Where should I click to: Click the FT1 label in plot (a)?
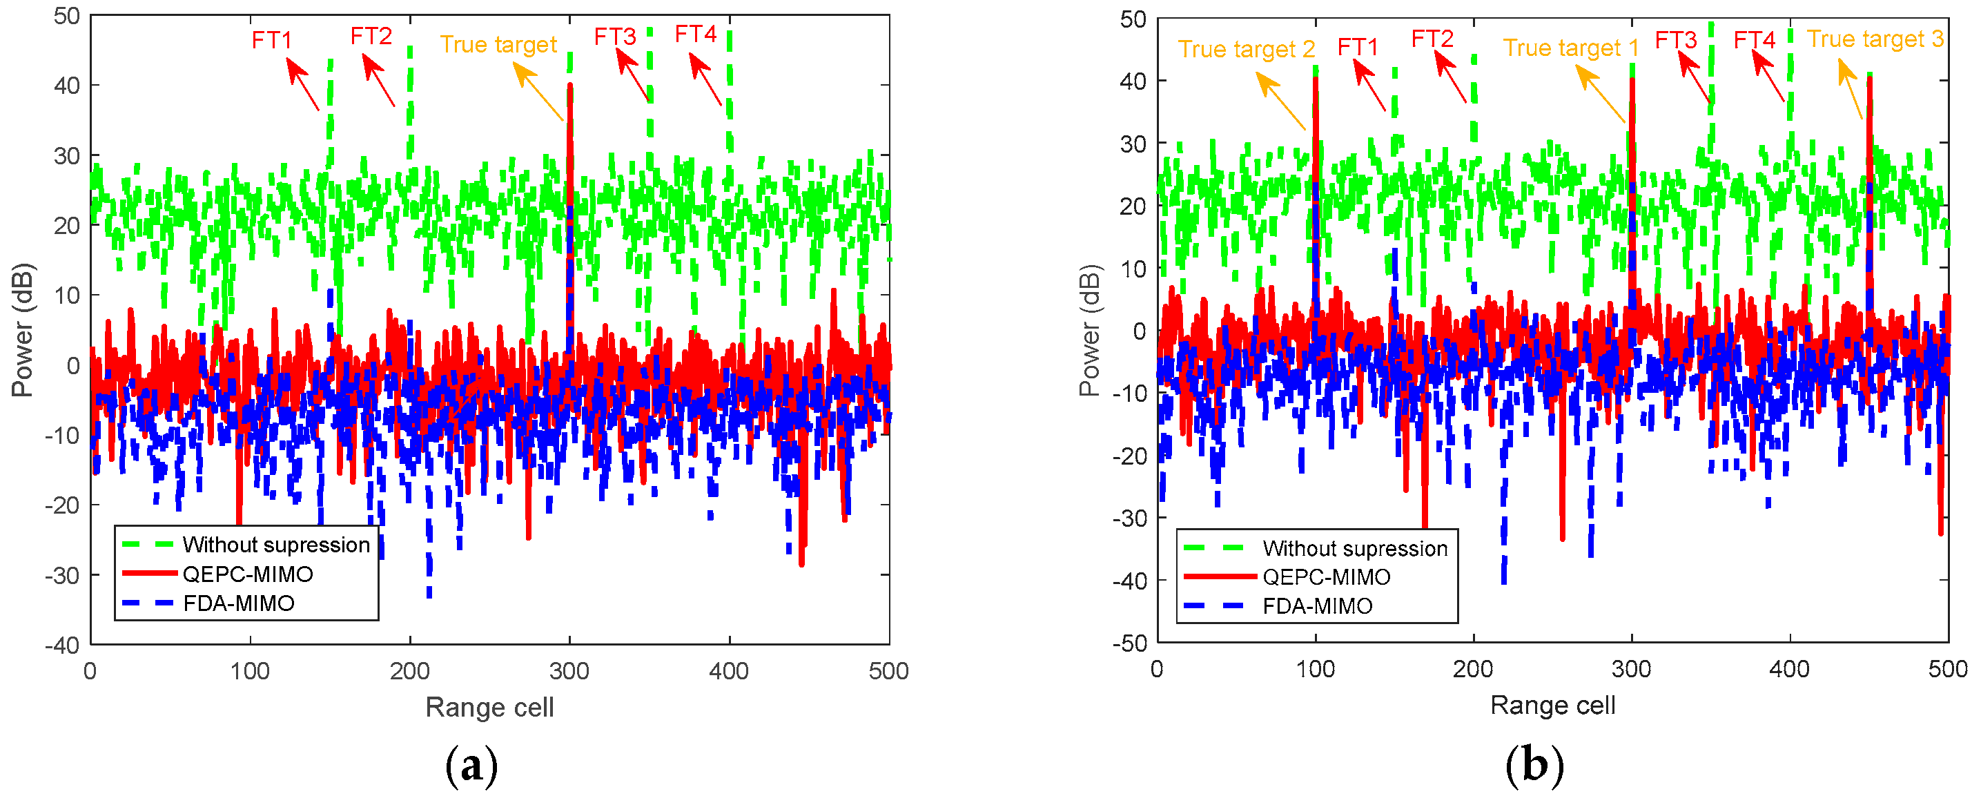click(x=272, y=40)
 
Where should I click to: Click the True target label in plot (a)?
click(x=498, y=44)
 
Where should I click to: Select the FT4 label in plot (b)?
click(x=1753, y=39)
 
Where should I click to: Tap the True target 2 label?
click(x=1245, y=49)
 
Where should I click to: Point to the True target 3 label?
click(x=1875, y=39)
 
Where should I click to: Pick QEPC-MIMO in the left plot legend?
click(x=247, y=574)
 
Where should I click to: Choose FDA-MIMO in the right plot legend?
click(x=1317, y=606)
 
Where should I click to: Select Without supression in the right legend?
click(x=1354, y=548)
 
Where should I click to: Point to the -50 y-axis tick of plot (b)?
click(x=1130, y=643)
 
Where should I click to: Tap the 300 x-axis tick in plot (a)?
click(x=569, y=671)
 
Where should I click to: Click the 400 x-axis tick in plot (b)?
click(x=1789, y=670)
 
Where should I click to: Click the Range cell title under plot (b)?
click(x=1552, y=705)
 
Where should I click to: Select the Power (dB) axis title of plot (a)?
click(x=22, y=330)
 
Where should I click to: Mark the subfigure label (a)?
click(x=471, y=766)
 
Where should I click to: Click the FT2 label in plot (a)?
click(x=371, y=36)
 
